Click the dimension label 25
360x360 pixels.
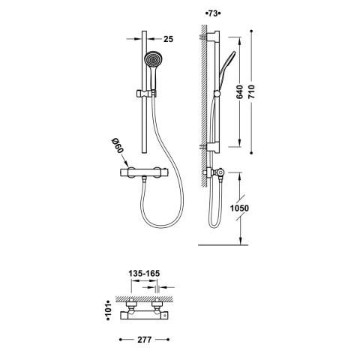[168, 39]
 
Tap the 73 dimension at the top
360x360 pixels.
[213, 13]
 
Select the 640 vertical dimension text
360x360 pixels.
[239, 91]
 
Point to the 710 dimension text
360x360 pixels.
[251, 91]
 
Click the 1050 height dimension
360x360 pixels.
[239, 208]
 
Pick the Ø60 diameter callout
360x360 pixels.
[118, 146]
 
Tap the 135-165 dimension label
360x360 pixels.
[144, 274]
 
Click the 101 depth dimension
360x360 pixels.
[108, 310]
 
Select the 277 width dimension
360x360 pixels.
[145, 340]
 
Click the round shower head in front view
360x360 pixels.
[152, 60]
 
